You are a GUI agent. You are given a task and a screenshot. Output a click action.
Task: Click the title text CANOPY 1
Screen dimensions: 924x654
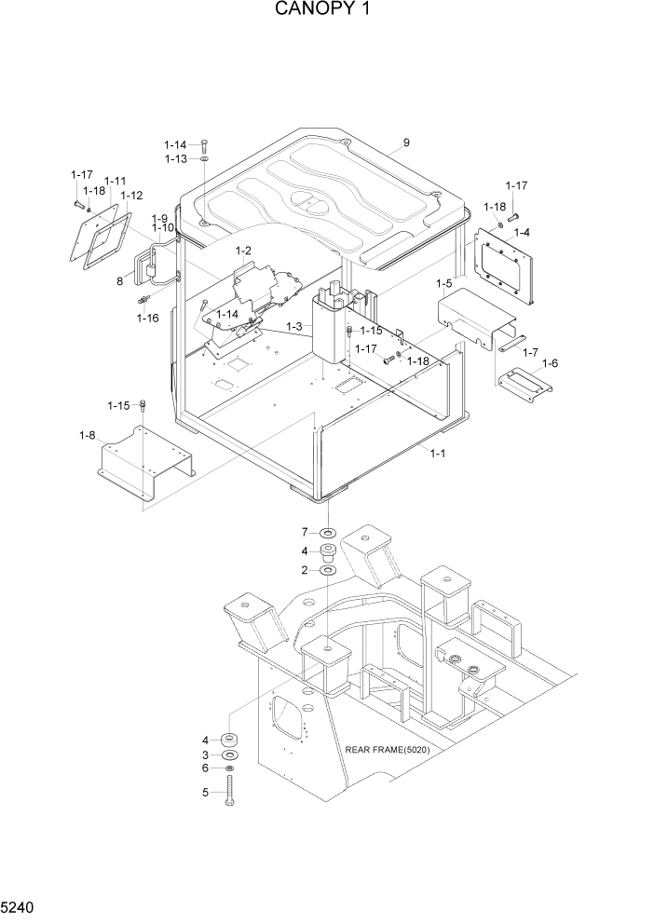[x=326, y=10]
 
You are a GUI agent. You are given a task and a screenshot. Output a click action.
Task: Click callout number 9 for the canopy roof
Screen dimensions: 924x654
[x=406, y=143]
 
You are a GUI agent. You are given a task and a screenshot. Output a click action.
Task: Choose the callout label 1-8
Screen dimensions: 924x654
[x=88, y=435]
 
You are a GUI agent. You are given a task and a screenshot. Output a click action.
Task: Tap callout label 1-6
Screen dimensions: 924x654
[x=550, y=363]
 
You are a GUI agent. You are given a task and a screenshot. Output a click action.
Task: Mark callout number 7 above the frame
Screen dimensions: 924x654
[x=304, y=532]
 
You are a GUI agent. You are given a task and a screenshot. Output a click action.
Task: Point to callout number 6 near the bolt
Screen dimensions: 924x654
[x=206, y=768]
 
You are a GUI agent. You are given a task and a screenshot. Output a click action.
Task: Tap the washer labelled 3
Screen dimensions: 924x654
[x=229, y=754]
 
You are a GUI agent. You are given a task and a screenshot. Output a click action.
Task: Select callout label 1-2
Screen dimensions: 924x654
[x=244, y=250]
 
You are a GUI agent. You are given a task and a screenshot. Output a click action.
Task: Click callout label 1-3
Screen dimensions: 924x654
[x=294, y=326]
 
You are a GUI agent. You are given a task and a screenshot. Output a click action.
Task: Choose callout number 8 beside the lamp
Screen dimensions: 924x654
[x=120, y=279]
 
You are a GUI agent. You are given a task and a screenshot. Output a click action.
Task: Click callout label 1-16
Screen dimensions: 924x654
[x=147, y=318]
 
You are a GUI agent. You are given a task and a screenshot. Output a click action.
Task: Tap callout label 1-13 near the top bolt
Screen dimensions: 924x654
[x=176, y=159]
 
